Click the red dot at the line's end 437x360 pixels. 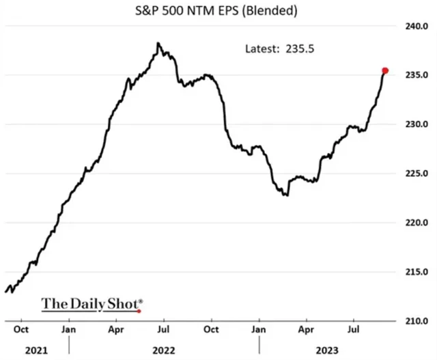[x=385, y=70]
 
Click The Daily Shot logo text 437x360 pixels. [x=92, y=303]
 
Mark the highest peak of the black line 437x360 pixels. [x=158, y=43]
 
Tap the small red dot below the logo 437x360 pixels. [x=139, y=311]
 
